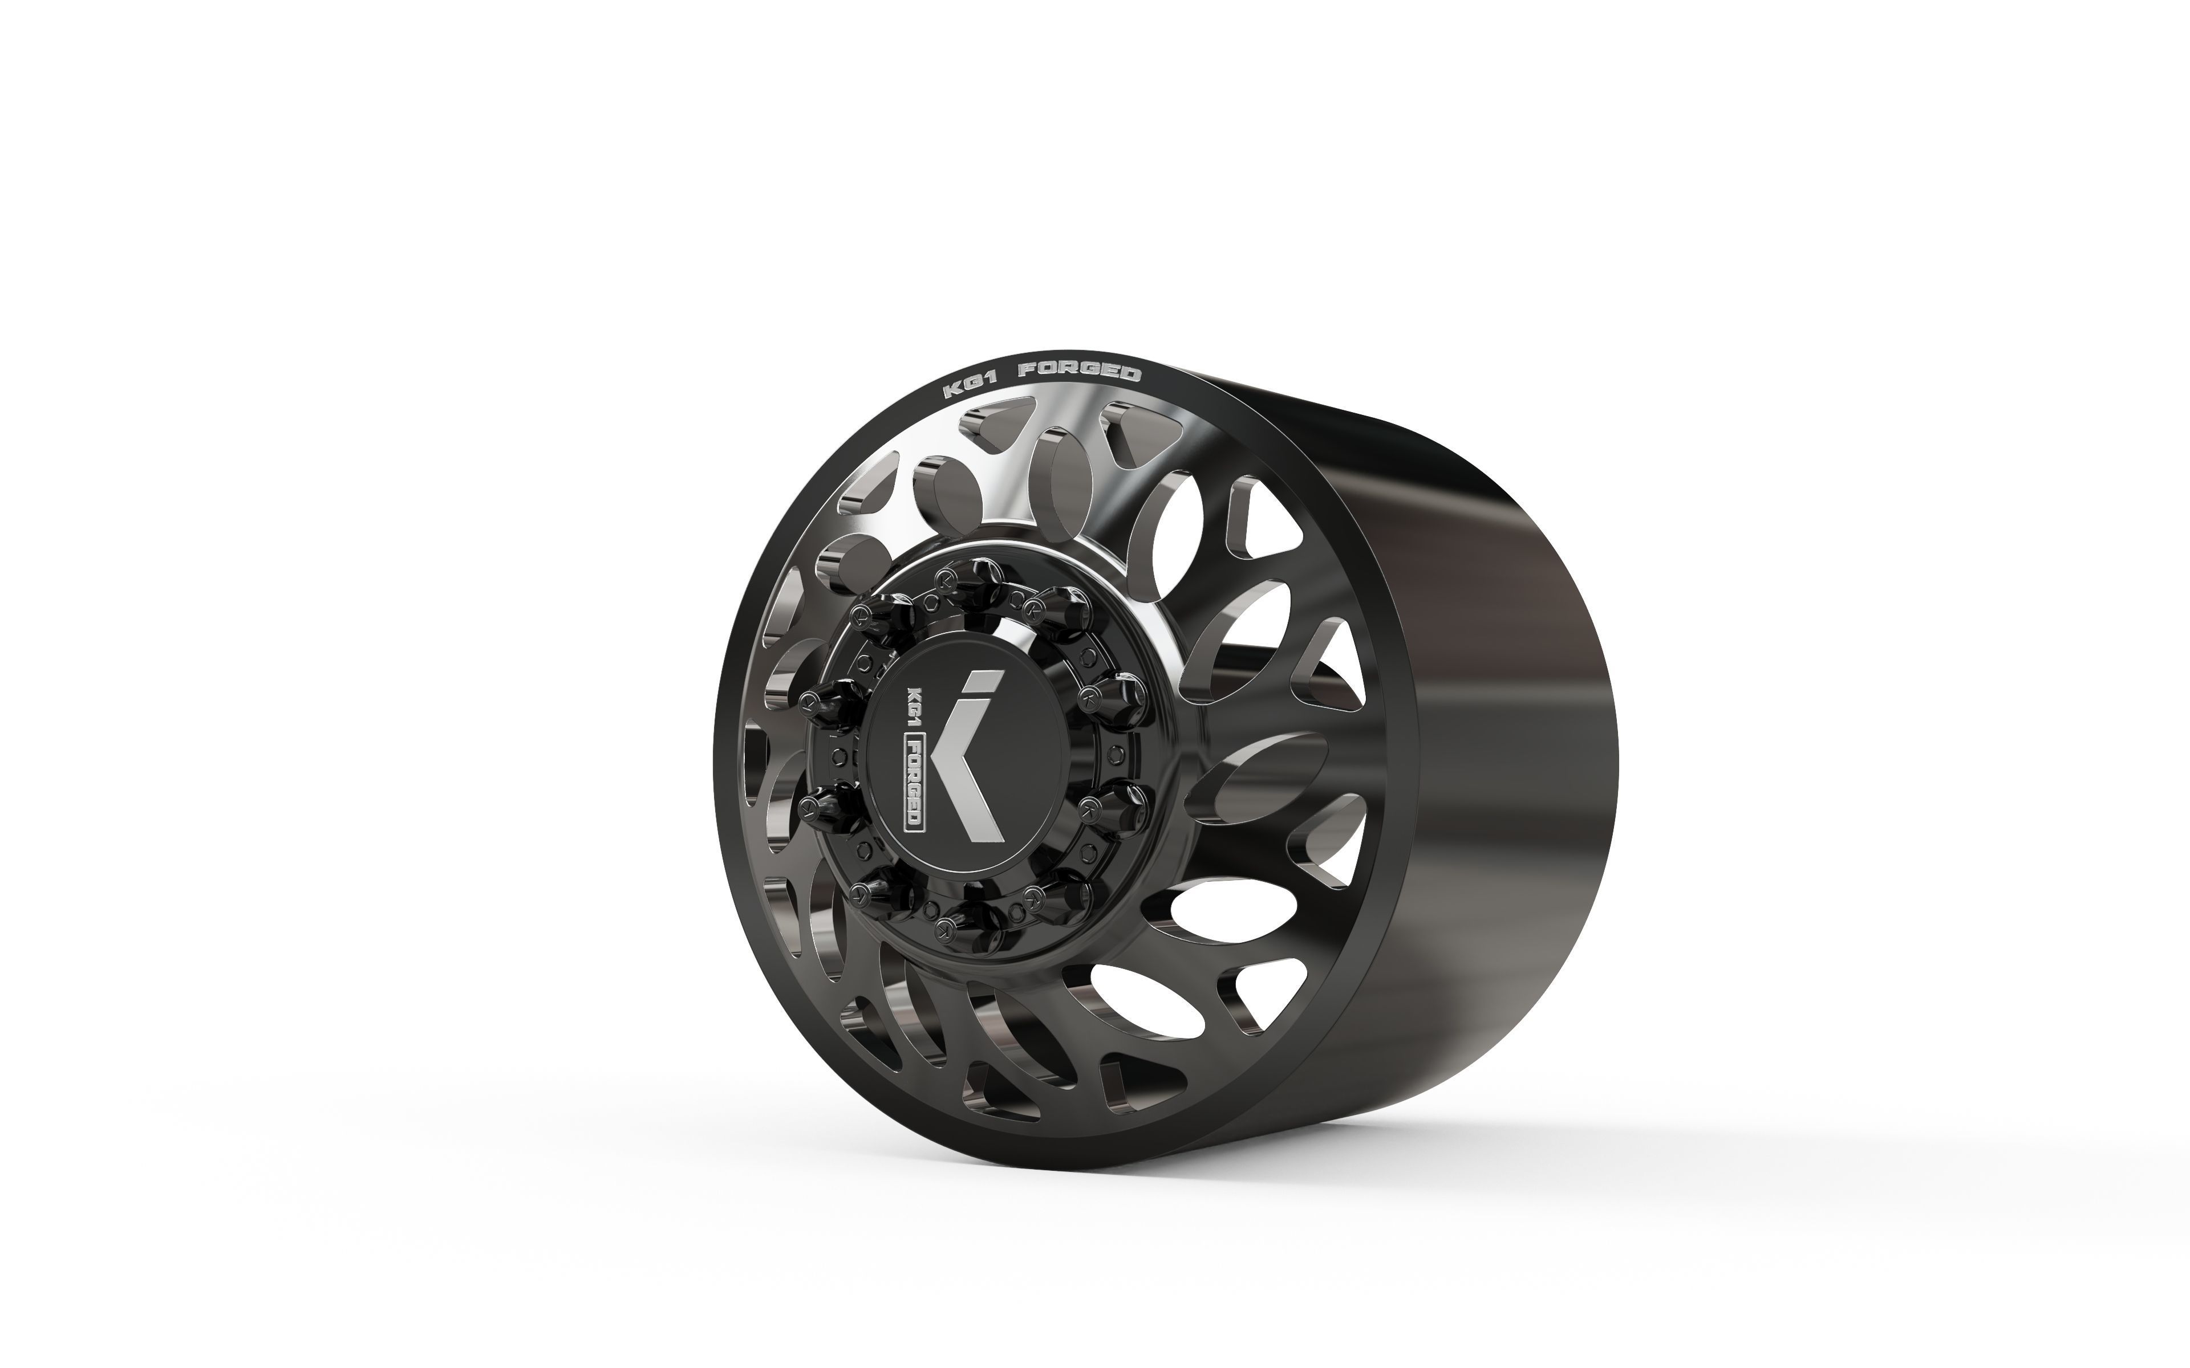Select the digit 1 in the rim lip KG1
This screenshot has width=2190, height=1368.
click(x=992, y=378)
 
